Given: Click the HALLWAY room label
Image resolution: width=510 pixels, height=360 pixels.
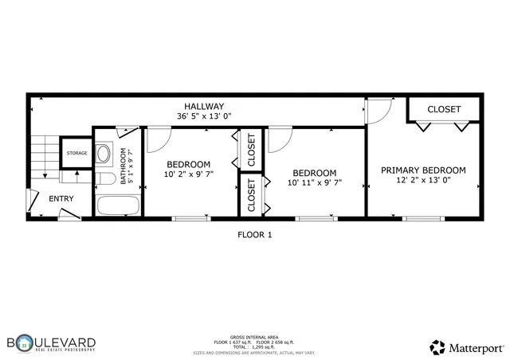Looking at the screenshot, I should pos(204,106).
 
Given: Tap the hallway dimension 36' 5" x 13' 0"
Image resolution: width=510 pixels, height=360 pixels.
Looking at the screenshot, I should pos(204,116).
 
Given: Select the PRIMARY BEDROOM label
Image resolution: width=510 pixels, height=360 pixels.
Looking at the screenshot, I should pos(422,170).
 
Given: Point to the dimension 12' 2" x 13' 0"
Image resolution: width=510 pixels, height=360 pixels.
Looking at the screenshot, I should pos(422,180).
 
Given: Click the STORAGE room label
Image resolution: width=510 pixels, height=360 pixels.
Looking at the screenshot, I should pos(76,153).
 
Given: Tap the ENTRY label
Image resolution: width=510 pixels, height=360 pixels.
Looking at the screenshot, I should pos(61,199).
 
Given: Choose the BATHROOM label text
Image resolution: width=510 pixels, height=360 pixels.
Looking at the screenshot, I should pos(124,166).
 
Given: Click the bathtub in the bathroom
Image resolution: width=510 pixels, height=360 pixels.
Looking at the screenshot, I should pos(117,205).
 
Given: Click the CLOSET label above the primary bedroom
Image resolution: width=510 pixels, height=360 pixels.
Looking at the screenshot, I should pos(444,109).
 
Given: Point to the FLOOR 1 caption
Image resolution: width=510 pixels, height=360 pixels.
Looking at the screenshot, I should pos(255,234).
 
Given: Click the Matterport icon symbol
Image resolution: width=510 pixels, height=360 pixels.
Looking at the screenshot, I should pos(437,347).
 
